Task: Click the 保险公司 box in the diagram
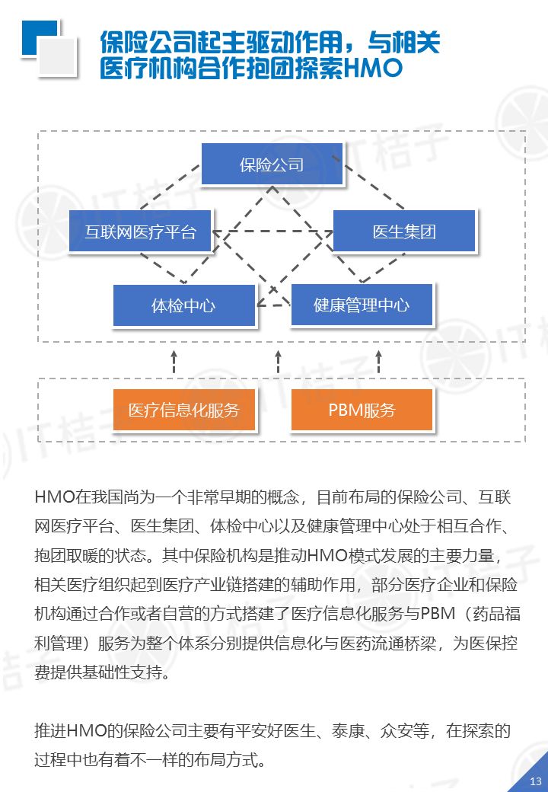click(272, 164)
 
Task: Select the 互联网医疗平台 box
click(140, 232)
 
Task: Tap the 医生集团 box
click(404, 232)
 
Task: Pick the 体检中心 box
click(183, 305)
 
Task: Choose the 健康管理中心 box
click(362, 305)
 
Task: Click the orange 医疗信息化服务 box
click(183, 410)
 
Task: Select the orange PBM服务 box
click(362, 410)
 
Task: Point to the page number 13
click(535, 781)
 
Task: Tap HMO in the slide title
click(372, 68)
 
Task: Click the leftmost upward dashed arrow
click(174, 362)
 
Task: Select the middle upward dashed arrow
click(278, 362)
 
